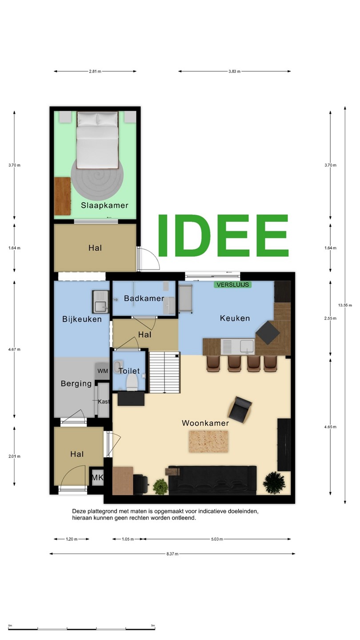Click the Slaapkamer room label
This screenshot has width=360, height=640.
104,205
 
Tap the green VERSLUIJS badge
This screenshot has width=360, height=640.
233,284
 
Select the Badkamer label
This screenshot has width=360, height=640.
144,299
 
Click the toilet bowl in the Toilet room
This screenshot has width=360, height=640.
132,382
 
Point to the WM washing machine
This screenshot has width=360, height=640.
103,371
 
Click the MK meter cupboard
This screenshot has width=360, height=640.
97,477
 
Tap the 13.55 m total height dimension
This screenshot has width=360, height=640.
345,305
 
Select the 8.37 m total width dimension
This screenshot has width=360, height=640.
172,554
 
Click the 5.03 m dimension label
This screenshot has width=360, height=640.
217,539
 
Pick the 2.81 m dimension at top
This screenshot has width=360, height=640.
95,72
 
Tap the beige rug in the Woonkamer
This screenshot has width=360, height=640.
208,441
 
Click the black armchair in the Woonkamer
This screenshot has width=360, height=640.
240,408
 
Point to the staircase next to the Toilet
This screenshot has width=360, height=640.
164,372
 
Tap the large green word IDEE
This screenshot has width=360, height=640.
223,236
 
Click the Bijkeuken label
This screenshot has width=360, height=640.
82,319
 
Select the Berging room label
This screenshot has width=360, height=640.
76,384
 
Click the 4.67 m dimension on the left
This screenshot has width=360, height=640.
14,349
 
